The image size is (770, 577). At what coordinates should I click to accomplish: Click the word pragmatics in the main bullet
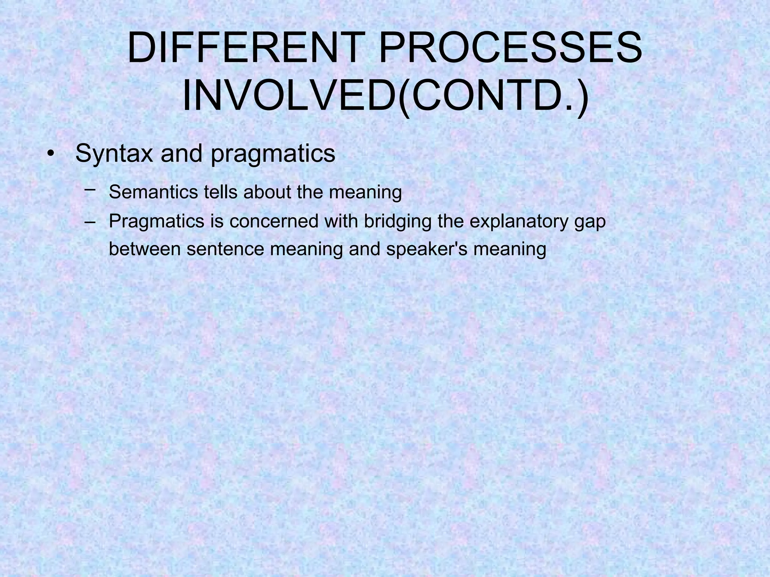pyautogui.click(x=273, y=154)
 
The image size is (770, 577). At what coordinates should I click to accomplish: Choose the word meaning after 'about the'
pyautogui.click(x=365, y=193)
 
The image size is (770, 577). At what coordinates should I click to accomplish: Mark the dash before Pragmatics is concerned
pyautogui.click(x=90, y=222)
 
